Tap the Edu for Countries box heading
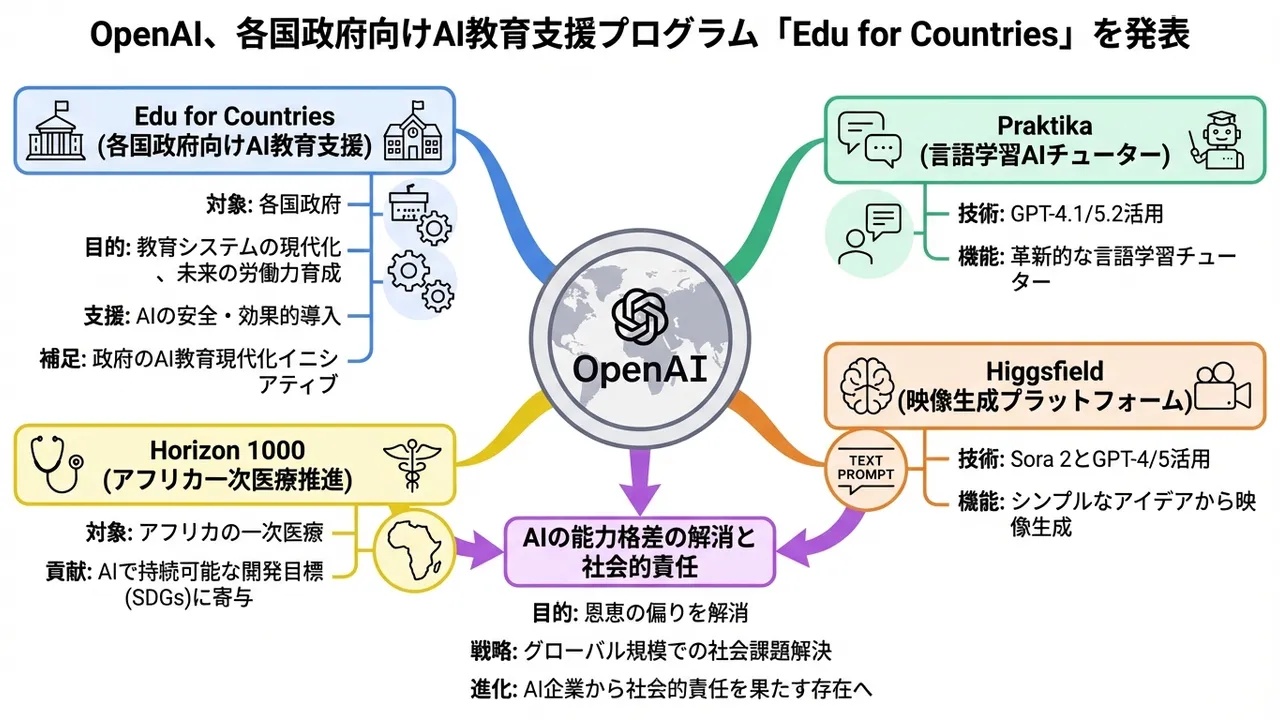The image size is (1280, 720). [234, 116]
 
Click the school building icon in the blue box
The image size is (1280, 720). [412, 130]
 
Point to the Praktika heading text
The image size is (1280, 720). [1043, 126]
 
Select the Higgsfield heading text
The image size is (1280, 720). [1043, 372]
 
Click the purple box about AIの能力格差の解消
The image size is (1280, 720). [640, 551]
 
